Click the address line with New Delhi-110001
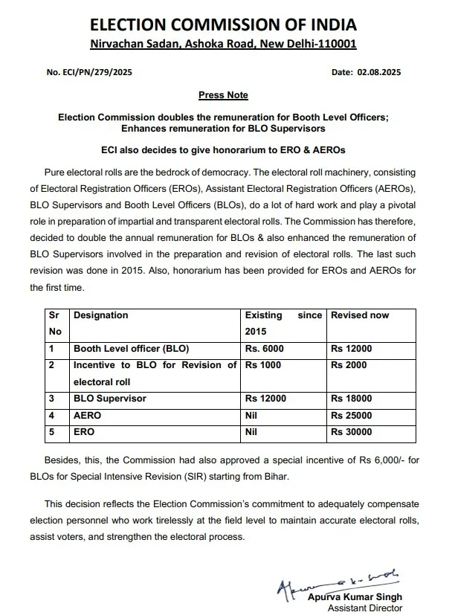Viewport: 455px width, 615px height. [223, 43]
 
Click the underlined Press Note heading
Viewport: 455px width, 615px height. [223, 95]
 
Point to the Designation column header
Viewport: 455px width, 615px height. [101, 315]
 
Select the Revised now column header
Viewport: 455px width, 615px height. [360, 315]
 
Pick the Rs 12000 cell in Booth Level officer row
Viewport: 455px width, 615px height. [352, 349]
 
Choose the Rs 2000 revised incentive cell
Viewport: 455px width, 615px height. [349, 365]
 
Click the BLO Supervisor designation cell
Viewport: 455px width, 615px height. [110, 399]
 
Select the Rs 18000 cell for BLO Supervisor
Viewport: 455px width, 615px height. [352, 399]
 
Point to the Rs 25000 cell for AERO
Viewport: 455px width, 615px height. [352, 415]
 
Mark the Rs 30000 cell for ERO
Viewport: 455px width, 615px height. [352, 431]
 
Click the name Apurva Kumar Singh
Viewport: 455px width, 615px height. [355, 597]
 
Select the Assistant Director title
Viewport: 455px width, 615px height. [359, 608]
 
